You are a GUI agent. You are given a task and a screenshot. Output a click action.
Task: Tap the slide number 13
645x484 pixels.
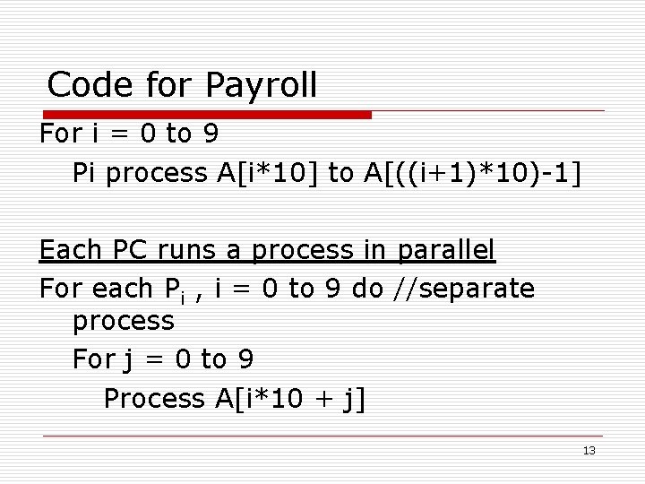589,450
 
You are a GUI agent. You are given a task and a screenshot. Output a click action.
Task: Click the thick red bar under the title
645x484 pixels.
206,115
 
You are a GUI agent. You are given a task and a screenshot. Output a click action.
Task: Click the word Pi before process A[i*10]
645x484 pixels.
86,173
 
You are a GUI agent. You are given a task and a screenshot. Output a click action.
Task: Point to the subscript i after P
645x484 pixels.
182,296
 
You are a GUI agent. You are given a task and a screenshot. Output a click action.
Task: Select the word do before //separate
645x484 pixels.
367,289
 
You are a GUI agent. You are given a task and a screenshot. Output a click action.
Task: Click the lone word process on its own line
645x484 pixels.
124,320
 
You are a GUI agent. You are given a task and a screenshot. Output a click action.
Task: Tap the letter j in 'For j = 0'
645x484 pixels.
126,361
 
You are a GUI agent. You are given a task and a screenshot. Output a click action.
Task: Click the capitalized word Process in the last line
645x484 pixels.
154,398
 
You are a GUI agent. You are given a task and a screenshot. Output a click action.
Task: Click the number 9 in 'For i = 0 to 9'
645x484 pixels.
211,134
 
